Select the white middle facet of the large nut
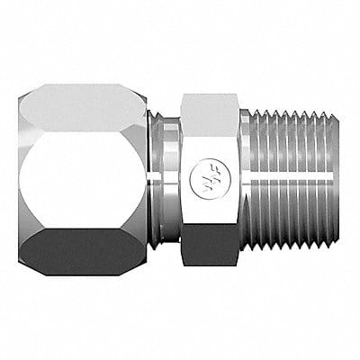85,180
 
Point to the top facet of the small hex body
209,109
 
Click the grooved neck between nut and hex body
166,180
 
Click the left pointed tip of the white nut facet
20,180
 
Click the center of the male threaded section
288,180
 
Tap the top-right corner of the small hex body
238,94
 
